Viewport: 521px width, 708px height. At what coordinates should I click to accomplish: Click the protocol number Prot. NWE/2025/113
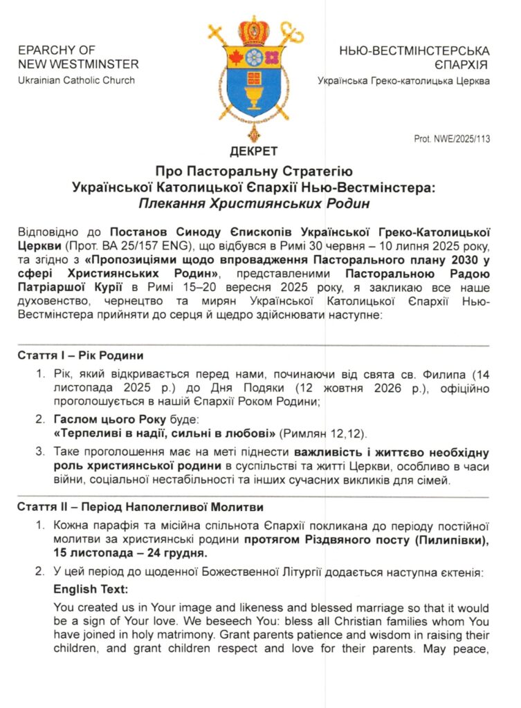coord(452,139)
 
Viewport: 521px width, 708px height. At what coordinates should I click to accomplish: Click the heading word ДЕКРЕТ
coord(255,151)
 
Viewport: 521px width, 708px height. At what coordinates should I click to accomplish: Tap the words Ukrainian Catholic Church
coord(76,80)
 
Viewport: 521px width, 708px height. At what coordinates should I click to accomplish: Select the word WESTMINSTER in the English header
coord(97,64)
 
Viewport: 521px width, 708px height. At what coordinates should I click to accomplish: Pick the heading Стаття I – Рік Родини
coord(80,355)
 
